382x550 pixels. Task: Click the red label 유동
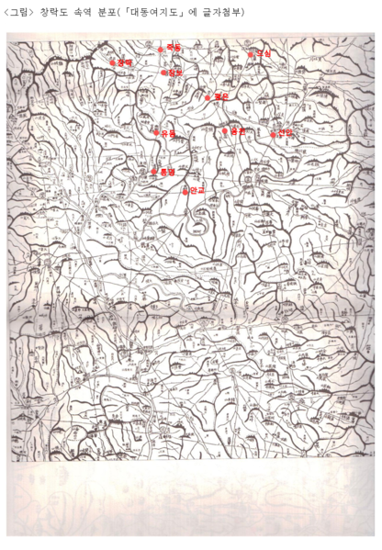168,133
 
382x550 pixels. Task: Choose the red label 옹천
238,131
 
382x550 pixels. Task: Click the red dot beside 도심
251,54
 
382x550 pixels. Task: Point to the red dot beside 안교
185,191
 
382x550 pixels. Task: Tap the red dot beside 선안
273,134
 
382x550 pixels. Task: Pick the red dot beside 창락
113,62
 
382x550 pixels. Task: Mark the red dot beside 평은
208,96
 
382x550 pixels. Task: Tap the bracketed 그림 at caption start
17,12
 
